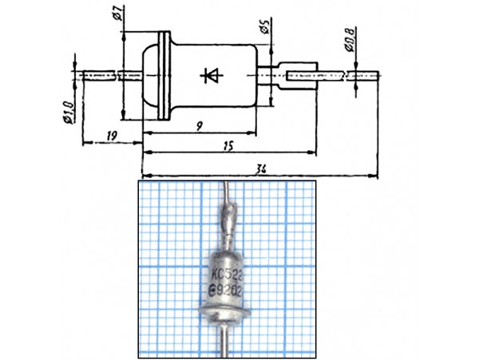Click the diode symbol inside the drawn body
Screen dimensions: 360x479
(x=210, y=75)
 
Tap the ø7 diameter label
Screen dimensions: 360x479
(x=117, y=14)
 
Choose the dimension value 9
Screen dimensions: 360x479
(x=197, y=125)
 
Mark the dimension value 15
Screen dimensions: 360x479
(x=229, y=145)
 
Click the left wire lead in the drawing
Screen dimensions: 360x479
(x=100, y=75)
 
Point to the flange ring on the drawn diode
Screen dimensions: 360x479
(x=166, y=75)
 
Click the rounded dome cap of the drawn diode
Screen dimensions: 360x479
(x=152, y=75)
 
